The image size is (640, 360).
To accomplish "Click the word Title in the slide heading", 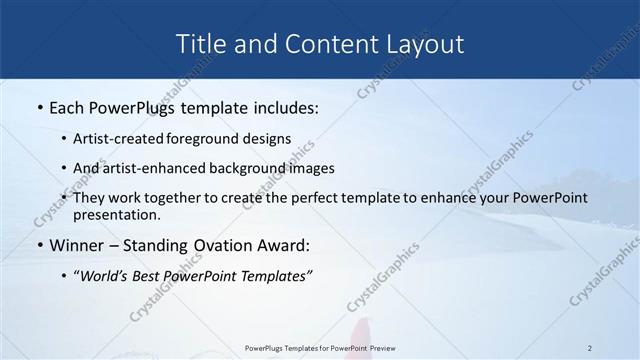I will tap(199, 44).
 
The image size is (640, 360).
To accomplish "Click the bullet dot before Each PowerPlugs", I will tap(39, 107).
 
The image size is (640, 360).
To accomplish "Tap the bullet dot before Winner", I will tap(39, 245).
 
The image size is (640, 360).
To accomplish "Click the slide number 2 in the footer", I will tap(590, 347).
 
